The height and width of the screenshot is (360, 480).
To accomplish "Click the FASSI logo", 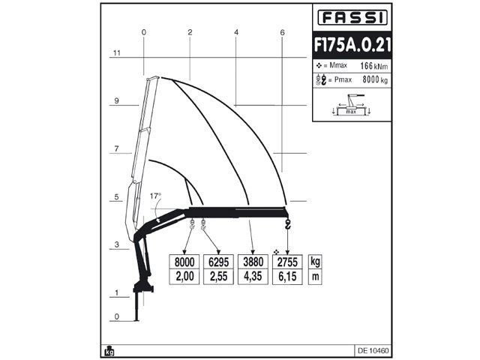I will [x=351, y=16].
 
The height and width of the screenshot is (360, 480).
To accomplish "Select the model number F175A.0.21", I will [x=351, y=45].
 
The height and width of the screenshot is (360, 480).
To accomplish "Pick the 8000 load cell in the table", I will [x=184, y=262].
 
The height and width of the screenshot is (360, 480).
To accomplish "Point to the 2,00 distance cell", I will [x=184, y=277].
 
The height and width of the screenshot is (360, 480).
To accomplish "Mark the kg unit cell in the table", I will [x=316, y=262].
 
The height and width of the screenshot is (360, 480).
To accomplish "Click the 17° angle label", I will [x=155, y=195].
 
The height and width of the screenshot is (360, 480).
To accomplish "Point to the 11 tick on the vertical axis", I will [x=116, y=53].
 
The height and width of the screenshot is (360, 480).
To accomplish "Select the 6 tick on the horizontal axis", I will [x=282, y=32].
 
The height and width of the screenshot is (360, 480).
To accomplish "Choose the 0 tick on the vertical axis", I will [x=116, y=316].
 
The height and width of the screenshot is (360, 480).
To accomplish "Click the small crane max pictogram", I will [x=351, y=104].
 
